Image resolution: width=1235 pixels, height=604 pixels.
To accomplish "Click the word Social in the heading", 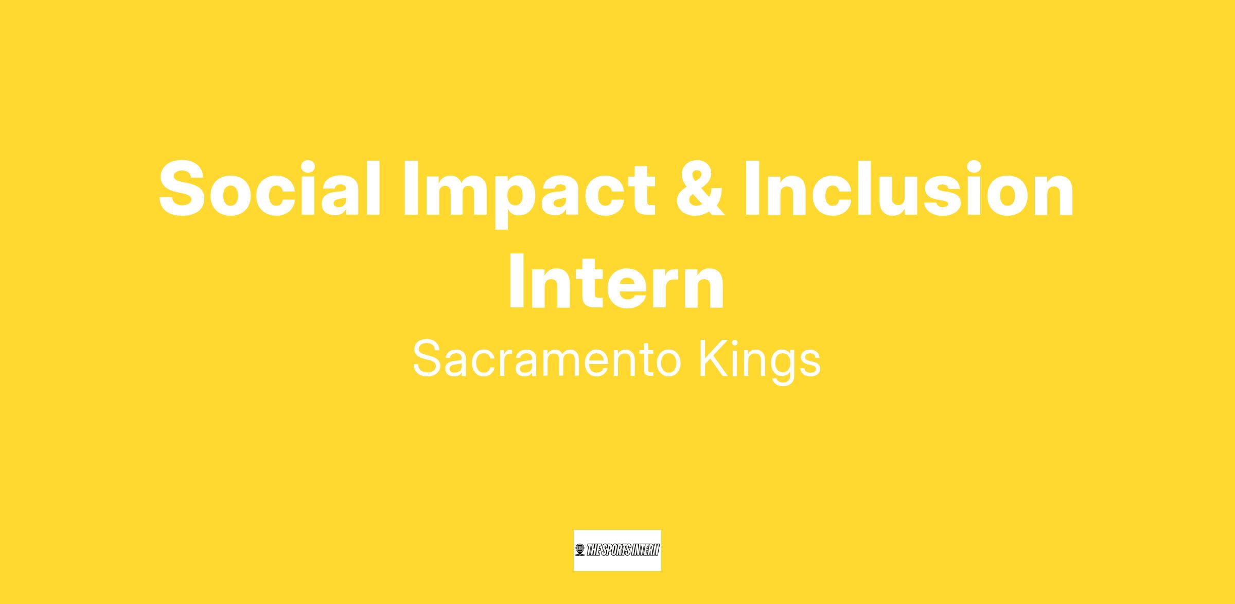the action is (x=270, y=188).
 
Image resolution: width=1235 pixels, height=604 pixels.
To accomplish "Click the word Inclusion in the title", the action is (x=909, y=188).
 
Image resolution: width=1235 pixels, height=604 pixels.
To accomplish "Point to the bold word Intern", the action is (x=617, y=282).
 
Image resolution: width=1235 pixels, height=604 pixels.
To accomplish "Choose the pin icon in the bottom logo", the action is (x=580, y=550).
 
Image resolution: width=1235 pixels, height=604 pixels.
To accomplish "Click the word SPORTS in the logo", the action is (x=617, y=550).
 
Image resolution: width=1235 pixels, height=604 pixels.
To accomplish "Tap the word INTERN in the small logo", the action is (x=646, y=550).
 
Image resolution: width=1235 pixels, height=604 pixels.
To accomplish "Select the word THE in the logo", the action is (x=594, y=550).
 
